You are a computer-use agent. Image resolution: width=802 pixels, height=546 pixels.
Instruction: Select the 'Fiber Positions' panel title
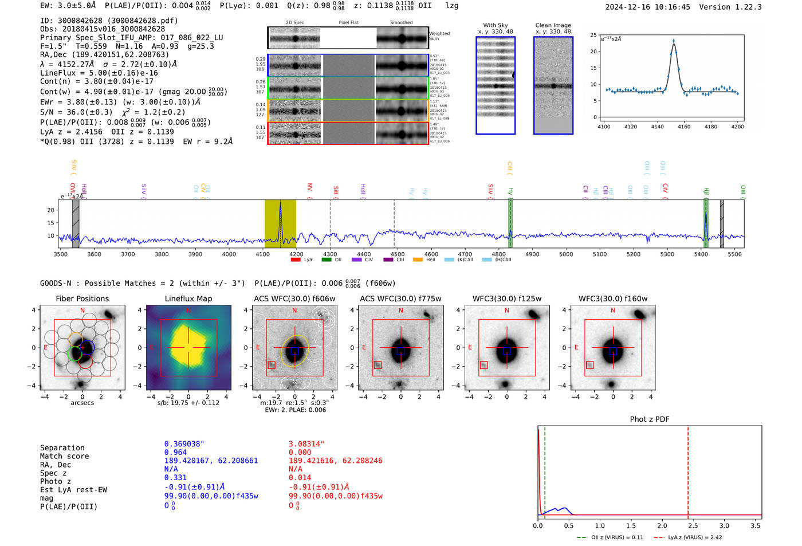point(82,298)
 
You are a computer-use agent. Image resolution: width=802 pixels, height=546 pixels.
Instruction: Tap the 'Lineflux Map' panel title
point(188,298)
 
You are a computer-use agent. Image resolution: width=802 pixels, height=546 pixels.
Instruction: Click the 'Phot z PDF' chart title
point(650,419)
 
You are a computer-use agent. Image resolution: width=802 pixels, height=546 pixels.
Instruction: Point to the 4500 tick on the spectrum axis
point(397,254)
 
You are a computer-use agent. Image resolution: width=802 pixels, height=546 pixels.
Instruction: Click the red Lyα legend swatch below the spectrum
point(296,260)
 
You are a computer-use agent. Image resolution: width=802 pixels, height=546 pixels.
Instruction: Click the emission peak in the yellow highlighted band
point(280,203)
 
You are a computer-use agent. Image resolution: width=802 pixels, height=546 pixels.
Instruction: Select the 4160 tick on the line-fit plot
point(684,127)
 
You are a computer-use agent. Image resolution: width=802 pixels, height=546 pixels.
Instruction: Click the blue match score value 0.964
point(175,452)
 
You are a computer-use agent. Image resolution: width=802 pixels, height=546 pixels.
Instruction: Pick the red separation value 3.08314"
point(306,443)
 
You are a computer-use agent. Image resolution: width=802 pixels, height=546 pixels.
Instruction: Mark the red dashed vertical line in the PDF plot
point(688,470)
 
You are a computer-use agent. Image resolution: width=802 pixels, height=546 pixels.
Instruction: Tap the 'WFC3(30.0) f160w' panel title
point(612,298)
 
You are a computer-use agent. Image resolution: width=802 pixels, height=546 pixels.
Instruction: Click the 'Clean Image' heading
point(553,25)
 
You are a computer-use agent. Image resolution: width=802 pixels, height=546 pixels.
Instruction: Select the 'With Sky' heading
point(495,25)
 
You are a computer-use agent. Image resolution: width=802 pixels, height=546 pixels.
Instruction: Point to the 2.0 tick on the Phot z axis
point(662,525)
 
